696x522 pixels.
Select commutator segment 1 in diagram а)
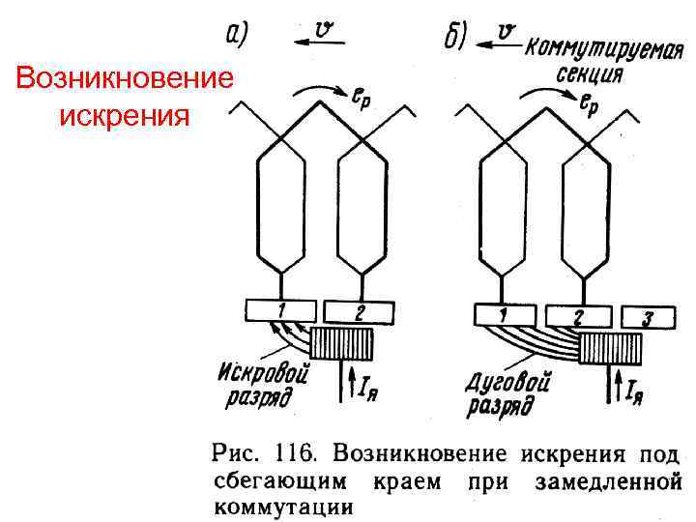280,309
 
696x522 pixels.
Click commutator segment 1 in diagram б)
506,314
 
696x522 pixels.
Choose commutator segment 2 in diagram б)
577,315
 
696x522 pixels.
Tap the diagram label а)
236,35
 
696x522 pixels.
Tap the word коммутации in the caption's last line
281,505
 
